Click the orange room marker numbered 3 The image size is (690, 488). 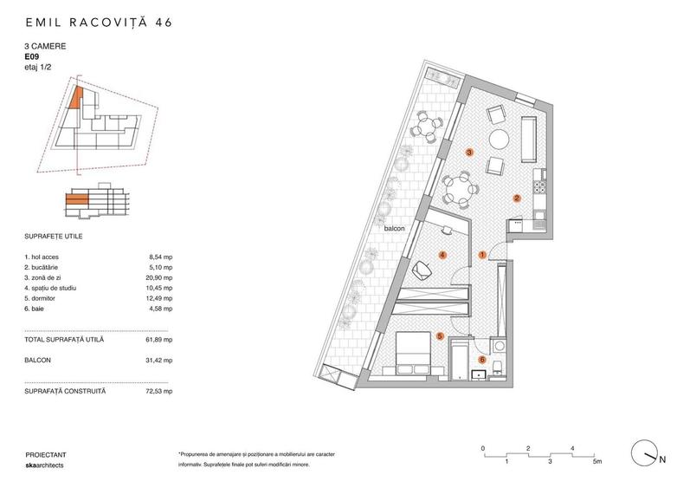point(469,153)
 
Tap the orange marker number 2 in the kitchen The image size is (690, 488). point(517,198)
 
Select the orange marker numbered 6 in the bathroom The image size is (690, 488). point(482,361)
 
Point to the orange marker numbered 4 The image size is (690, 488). point(442,256)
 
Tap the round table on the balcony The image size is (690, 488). point(426,127)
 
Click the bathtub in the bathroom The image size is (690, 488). point(459,360)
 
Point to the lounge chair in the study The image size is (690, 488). point(422,270)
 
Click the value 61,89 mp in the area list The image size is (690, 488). point(159,340)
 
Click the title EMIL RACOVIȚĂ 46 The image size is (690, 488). point(99,23)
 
